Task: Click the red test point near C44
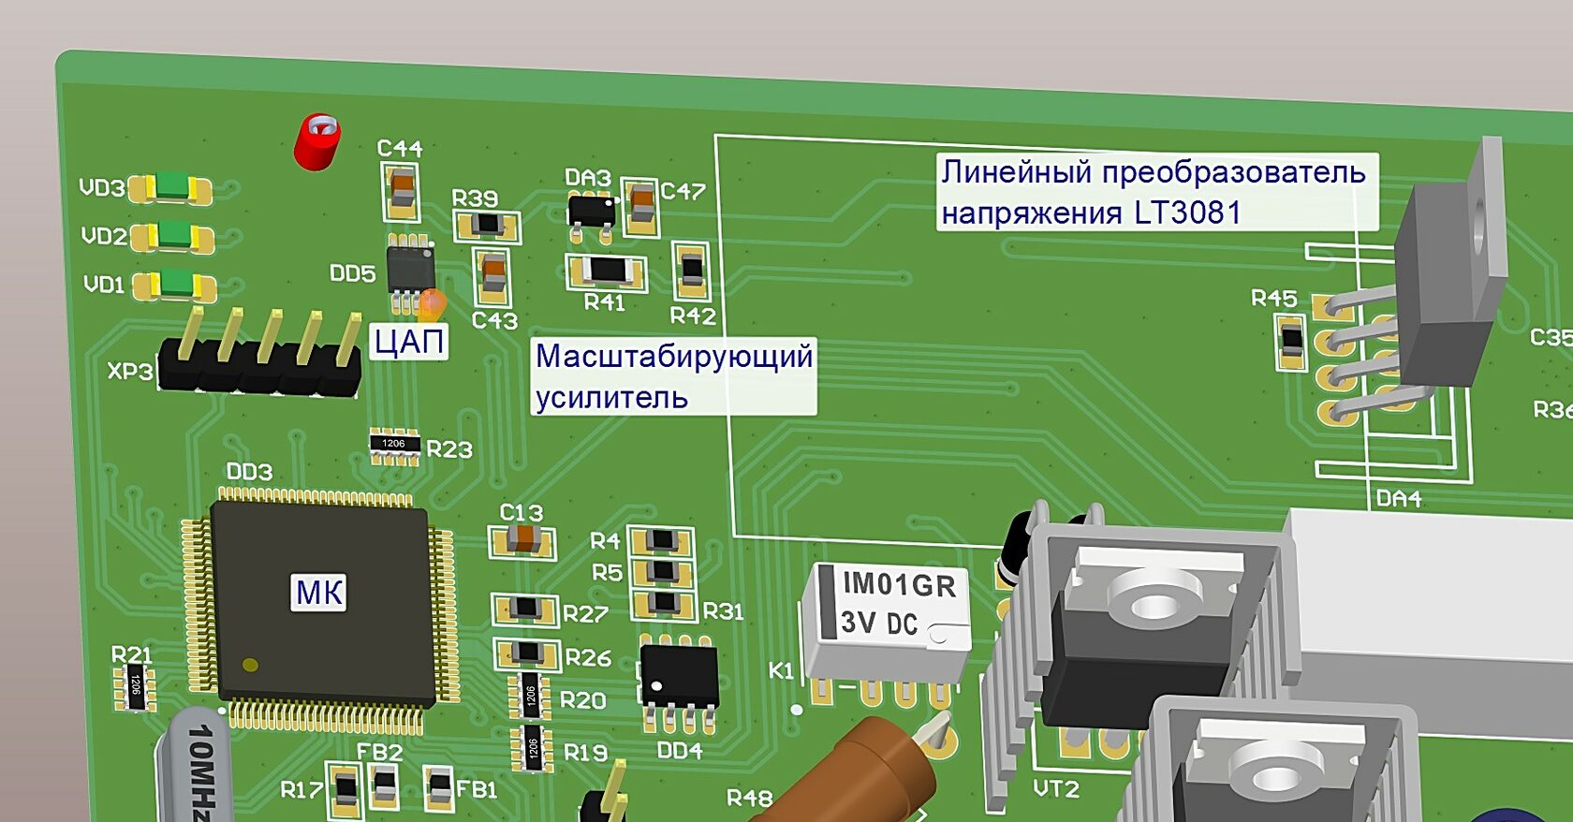point(317,141)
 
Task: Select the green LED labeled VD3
point(171,188)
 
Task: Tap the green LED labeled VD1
point(175,284)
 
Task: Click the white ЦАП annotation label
point(409,342)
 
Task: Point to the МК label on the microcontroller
point(319,593)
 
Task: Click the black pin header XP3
point(259,365)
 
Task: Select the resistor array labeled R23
point(394,445)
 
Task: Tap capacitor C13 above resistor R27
point(522,540)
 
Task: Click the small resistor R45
point(1291,340)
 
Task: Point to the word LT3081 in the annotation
point(1187,213)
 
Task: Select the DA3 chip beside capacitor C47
point(592,209)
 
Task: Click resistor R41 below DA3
point(607,272)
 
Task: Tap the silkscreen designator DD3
point(250,471)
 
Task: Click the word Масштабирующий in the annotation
point(674,357)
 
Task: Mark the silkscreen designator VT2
point(1056,789)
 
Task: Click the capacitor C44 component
point(401,190)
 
